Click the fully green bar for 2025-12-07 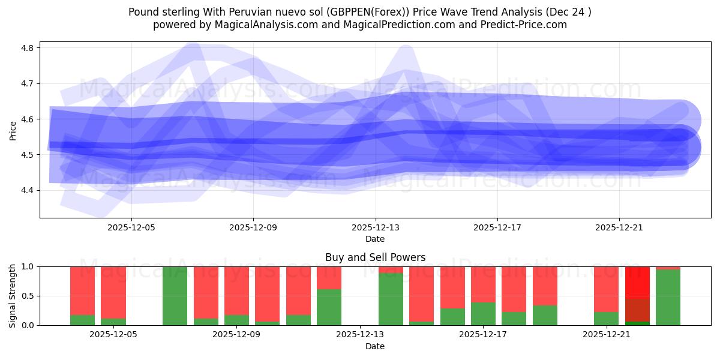pyautogui.click(x=175, y=296)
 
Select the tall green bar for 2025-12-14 pyautogui.click(x=391, y=299)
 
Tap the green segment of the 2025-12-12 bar pyautogui.click(x=329, y=307)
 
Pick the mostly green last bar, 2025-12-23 pyautogui.click(x=668, y=297)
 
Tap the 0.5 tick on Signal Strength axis pyautogui.click(x=30, y=296)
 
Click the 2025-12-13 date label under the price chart pyautogui.click(x=375, y=227)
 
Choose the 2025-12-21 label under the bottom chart pyautogui.click(x=607, y=335)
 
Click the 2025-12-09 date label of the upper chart pyautogui.click(x=253, y=227)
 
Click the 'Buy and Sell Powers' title pyautogui.click(x=375, y=257)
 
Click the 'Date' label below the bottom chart pyautogui.click(x=375, y=346)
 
